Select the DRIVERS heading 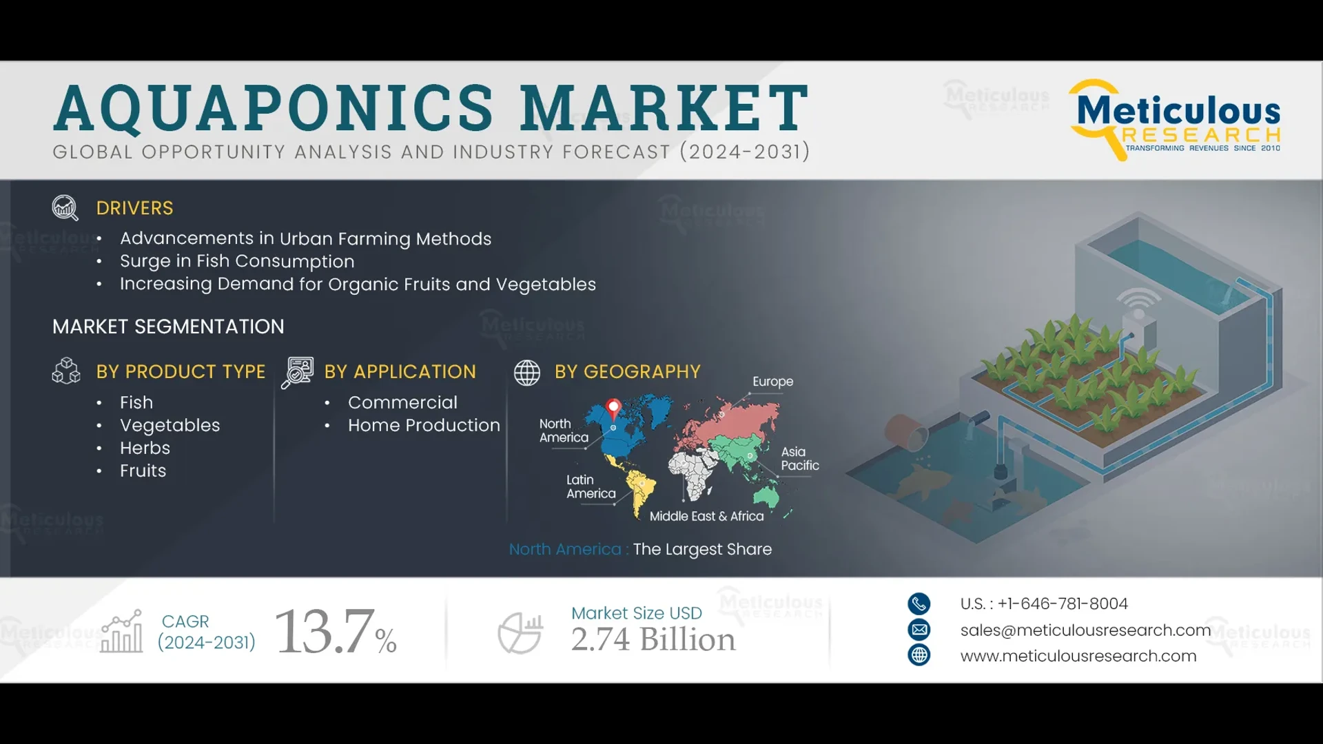point(134,208)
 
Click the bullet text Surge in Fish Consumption point(237,261)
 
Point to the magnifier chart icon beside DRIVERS point(65,207)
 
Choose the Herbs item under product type point(145,448)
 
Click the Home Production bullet point(424,425)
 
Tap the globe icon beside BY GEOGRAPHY point(527,373)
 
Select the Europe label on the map point(772,382)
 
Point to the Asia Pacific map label point(799,458)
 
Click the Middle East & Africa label point(706,516)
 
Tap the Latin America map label point(591,486)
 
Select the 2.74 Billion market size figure point(653,639)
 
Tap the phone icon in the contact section point(919,603)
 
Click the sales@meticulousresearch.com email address point(1085,630)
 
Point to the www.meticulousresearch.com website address point(1078,656)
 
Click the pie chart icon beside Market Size point(520,632)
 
